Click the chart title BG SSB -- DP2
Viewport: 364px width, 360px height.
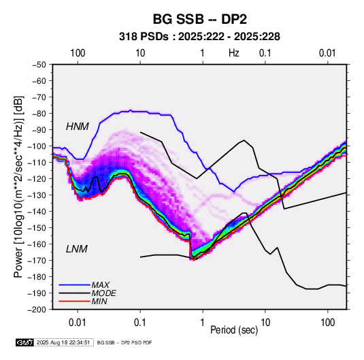pos(199,19)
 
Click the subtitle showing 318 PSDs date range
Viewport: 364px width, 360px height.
pos(199,37)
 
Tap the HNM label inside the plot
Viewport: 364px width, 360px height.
pos(78,127)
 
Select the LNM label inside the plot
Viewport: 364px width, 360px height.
pos(77,249)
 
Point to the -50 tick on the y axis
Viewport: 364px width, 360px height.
pos(39,65)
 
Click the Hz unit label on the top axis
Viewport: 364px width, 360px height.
pos(234,53)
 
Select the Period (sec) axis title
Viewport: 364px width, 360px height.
pos(234,330)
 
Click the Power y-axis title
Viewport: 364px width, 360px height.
pos(18,186)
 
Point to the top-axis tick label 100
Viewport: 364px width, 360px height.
pos(78,53)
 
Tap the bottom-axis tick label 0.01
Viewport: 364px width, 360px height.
pos(78,323)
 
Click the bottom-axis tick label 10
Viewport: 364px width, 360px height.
pos(265,323)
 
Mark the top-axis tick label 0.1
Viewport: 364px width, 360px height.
pos(265,53)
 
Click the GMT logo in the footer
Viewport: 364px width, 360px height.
pos(25,342)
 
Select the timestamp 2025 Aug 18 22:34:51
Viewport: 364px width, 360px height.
pos(63,342)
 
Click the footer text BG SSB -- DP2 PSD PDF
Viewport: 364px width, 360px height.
pos(125,342)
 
